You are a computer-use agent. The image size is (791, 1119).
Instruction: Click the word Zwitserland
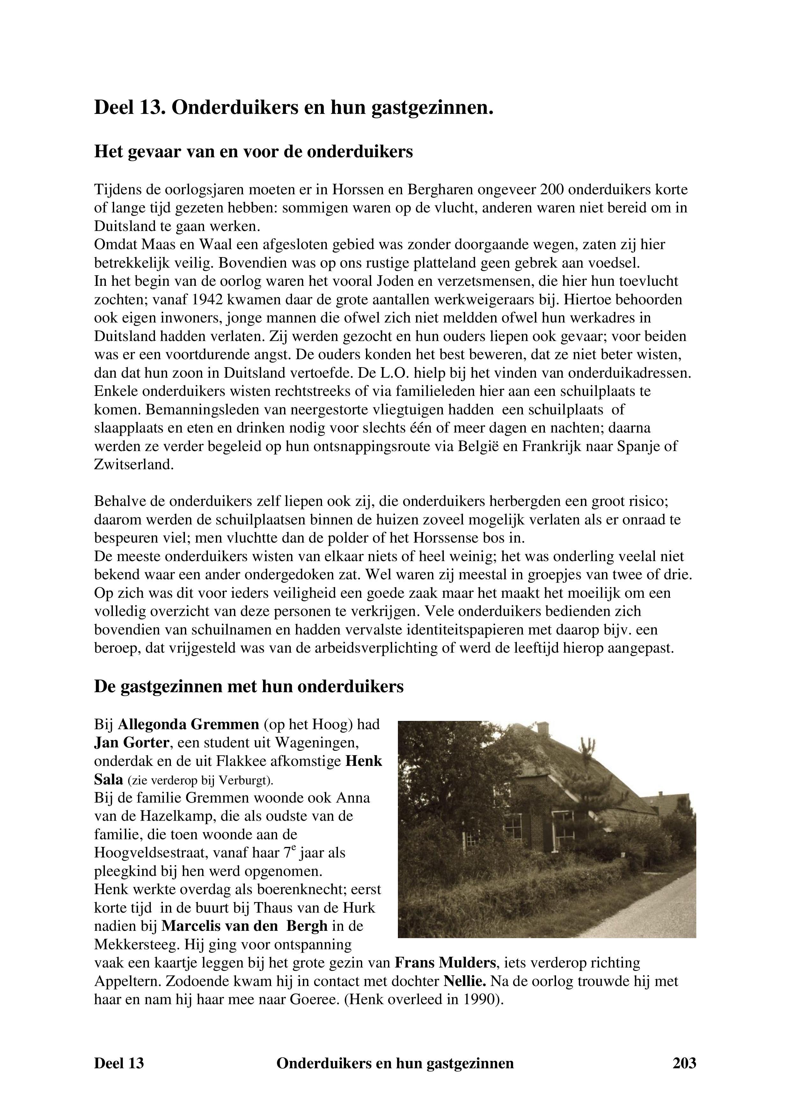(134, 464)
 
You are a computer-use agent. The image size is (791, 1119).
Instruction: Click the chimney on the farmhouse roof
(542, 728)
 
